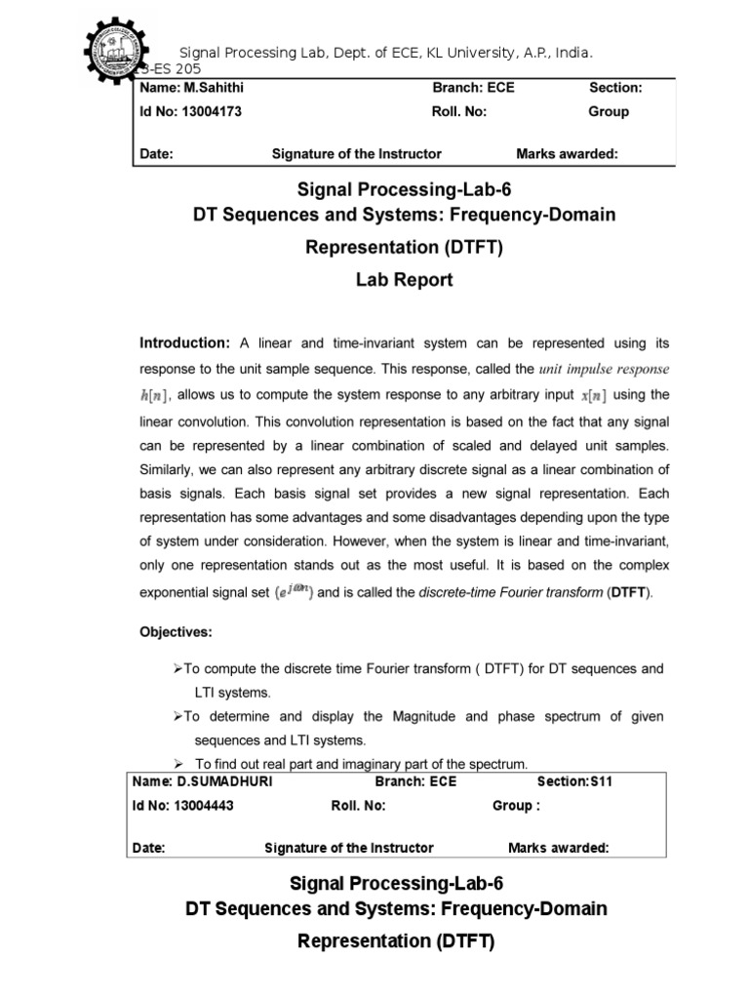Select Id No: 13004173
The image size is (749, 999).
click(x=191, y=111)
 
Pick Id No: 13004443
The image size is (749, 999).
click(x=185, y=806)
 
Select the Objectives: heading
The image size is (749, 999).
click(x=177, y=632)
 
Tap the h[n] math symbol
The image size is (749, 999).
click(x=155, y=394)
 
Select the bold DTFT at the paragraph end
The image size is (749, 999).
click(x=626, y=593)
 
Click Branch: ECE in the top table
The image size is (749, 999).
click(x=473, y=88)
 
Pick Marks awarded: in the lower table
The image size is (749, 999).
click(x=558, y=848)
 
